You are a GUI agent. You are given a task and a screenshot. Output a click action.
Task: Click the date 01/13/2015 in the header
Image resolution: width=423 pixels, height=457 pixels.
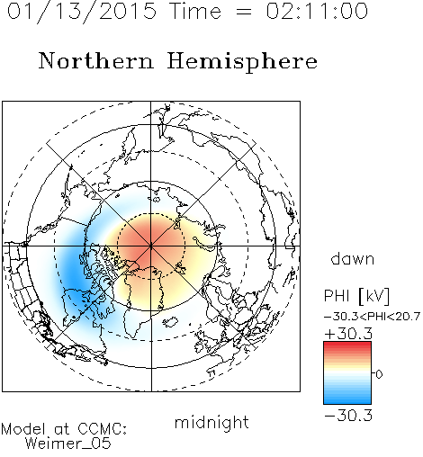pyautogui.click(x=82, y=11)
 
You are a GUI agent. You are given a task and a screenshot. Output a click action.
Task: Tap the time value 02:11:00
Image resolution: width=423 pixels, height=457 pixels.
pyautogui.click(x=317, y=11)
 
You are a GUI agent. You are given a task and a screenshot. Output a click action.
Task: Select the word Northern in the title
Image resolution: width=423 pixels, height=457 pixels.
pyautogui.click(x=96, y=60)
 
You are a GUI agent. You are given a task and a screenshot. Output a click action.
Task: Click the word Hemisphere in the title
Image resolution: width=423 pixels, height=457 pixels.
pyautogui.click(x=242, y=61)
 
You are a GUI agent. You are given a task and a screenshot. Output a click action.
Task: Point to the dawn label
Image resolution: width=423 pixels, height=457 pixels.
pyautogui.click(x=353, y=258)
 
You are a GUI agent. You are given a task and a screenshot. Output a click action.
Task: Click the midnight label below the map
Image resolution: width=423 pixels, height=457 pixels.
pyautogui.click(x=211, y=422)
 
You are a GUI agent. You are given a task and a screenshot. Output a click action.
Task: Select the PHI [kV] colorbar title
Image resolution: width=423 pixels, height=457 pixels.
pyautogui.click(x=356, y=296)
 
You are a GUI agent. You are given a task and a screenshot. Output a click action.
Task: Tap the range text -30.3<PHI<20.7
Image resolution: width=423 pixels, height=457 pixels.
pyautogui.click(x=373, y=317)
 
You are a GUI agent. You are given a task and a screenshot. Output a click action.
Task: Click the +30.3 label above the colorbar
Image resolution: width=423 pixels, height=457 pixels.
pyautogui.click(x=348, y=334)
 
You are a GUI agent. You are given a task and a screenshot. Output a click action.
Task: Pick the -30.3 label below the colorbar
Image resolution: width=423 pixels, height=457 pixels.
pyautogui.click(x=348, y=416)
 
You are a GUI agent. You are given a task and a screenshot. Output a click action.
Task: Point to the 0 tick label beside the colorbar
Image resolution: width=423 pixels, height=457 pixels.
pyautogui.click(x=379, y=374)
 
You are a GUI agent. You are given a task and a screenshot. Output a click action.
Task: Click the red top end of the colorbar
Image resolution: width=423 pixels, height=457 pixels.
pyautogui.click(x=347, y=345)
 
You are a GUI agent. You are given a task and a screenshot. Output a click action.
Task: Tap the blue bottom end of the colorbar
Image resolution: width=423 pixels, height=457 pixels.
pyautogui.click(x=347, y=401)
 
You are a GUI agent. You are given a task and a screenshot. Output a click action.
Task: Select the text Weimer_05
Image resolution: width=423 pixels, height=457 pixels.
pyautogui.click(x=68, y=444)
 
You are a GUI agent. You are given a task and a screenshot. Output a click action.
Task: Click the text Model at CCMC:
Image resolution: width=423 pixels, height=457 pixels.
pyautogui.click(x=64, y=429)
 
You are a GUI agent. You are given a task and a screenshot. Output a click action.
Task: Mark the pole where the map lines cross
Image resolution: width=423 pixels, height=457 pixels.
pyautogui.click(x=151, y=246)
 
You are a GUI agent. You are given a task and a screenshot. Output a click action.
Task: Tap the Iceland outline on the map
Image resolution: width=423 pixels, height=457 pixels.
pyautogui.click(x=170, y=322)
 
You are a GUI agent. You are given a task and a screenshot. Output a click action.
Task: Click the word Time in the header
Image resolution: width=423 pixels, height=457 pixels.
pyautogui.click(x=195, y=11)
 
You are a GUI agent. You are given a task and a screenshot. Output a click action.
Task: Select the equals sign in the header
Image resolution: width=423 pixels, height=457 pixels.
pyautogui.click(x=244, y=12)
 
